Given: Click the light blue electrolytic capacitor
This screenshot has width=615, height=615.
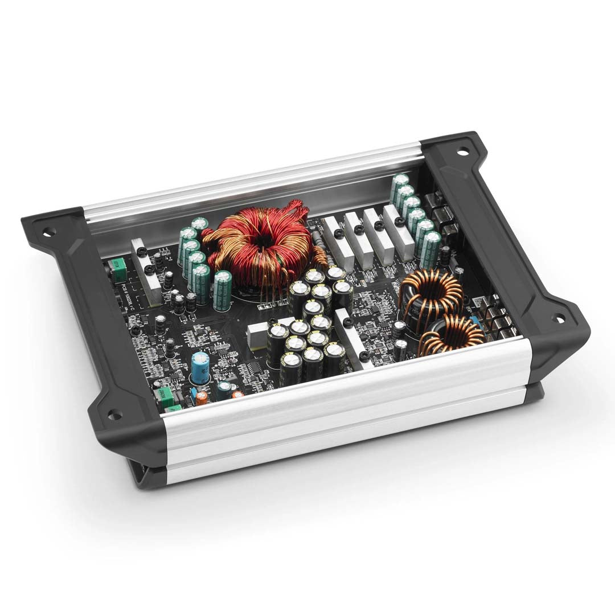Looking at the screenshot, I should [x=199, y=367].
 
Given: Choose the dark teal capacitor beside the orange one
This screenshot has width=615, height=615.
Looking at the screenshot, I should [x=224, y=389].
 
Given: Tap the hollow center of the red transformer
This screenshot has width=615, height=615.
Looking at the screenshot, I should [x=263, y=239].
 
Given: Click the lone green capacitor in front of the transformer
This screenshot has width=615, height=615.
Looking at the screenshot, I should [x=222, y=290].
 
